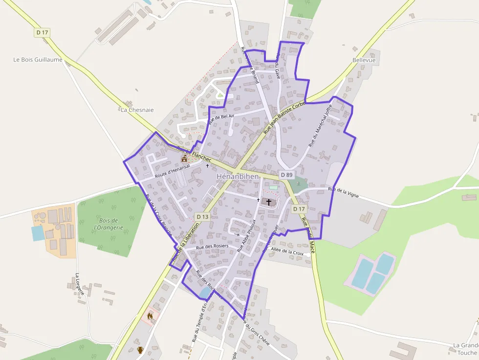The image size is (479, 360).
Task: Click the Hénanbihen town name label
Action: click(237, 176)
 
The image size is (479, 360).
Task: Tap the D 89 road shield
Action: click(286, 175)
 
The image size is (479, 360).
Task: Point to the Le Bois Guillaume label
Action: click(38, 60)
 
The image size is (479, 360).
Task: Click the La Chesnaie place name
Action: click(137, 110)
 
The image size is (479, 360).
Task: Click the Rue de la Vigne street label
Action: click(344, 192)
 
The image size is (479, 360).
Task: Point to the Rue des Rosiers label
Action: click(212, 247)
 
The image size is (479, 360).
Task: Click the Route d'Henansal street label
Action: click(172, 171)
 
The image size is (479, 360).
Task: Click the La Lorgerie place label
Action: click(80, 284)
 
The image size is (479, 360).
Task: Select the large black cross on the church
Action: click(268, 202)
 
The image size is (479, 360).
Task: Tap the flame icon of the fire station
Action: click(150, 316)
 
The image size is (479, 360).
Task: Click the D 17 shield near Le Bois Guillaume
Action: click(42, 32)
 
